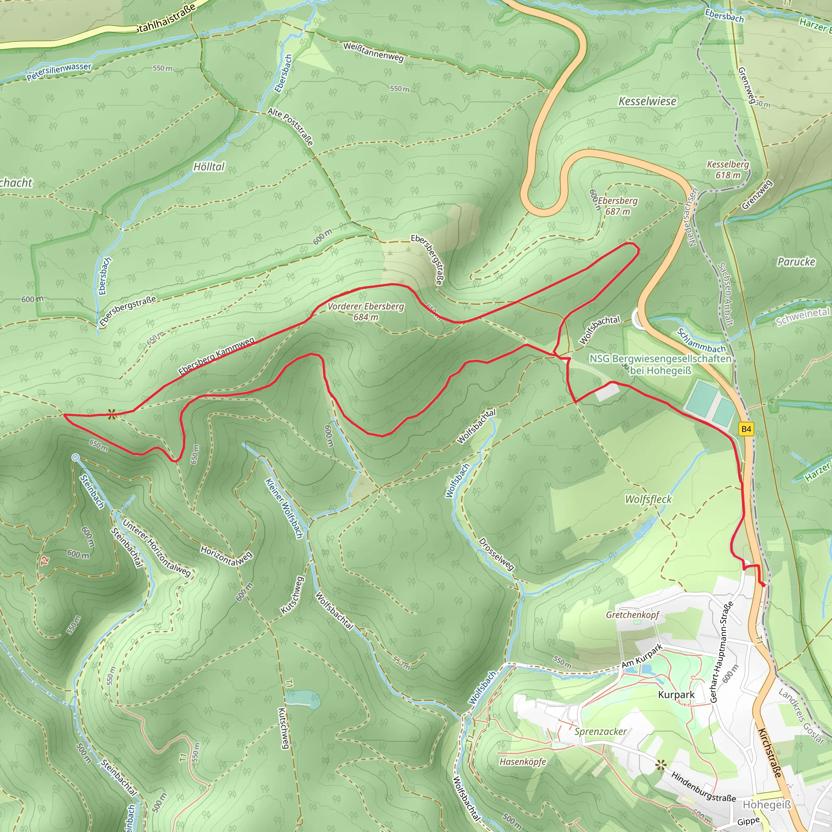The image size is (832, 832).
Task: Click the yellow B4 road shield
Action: point(746,429)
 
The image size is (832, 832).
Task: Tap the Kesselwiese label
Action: point(647,101)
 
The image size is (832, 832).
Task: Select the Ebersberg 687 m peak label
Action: point(617,206)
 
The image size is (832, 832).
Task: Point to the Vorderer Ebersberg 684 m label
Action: point(366,311)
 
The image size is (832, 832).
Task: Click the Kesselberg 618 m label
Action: point(728,170)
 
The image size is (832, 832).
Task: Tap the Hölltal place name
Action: point(209,167)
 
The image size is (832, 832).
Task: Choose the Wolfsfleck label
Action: point(648,499)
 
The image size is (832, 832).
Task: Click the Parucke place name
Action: point(796,262)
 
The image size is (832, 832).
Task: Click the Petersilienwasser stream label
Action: point(59,72)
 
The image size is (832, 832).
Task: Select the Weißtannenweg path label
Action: point(373,52)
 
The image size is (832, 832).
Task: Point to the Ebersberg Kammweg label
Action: point(216,356)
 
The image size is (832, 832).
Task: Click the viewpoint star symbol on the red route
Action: point(112,415)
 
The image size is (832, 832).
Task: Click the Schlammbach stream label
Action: point(701,340)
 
